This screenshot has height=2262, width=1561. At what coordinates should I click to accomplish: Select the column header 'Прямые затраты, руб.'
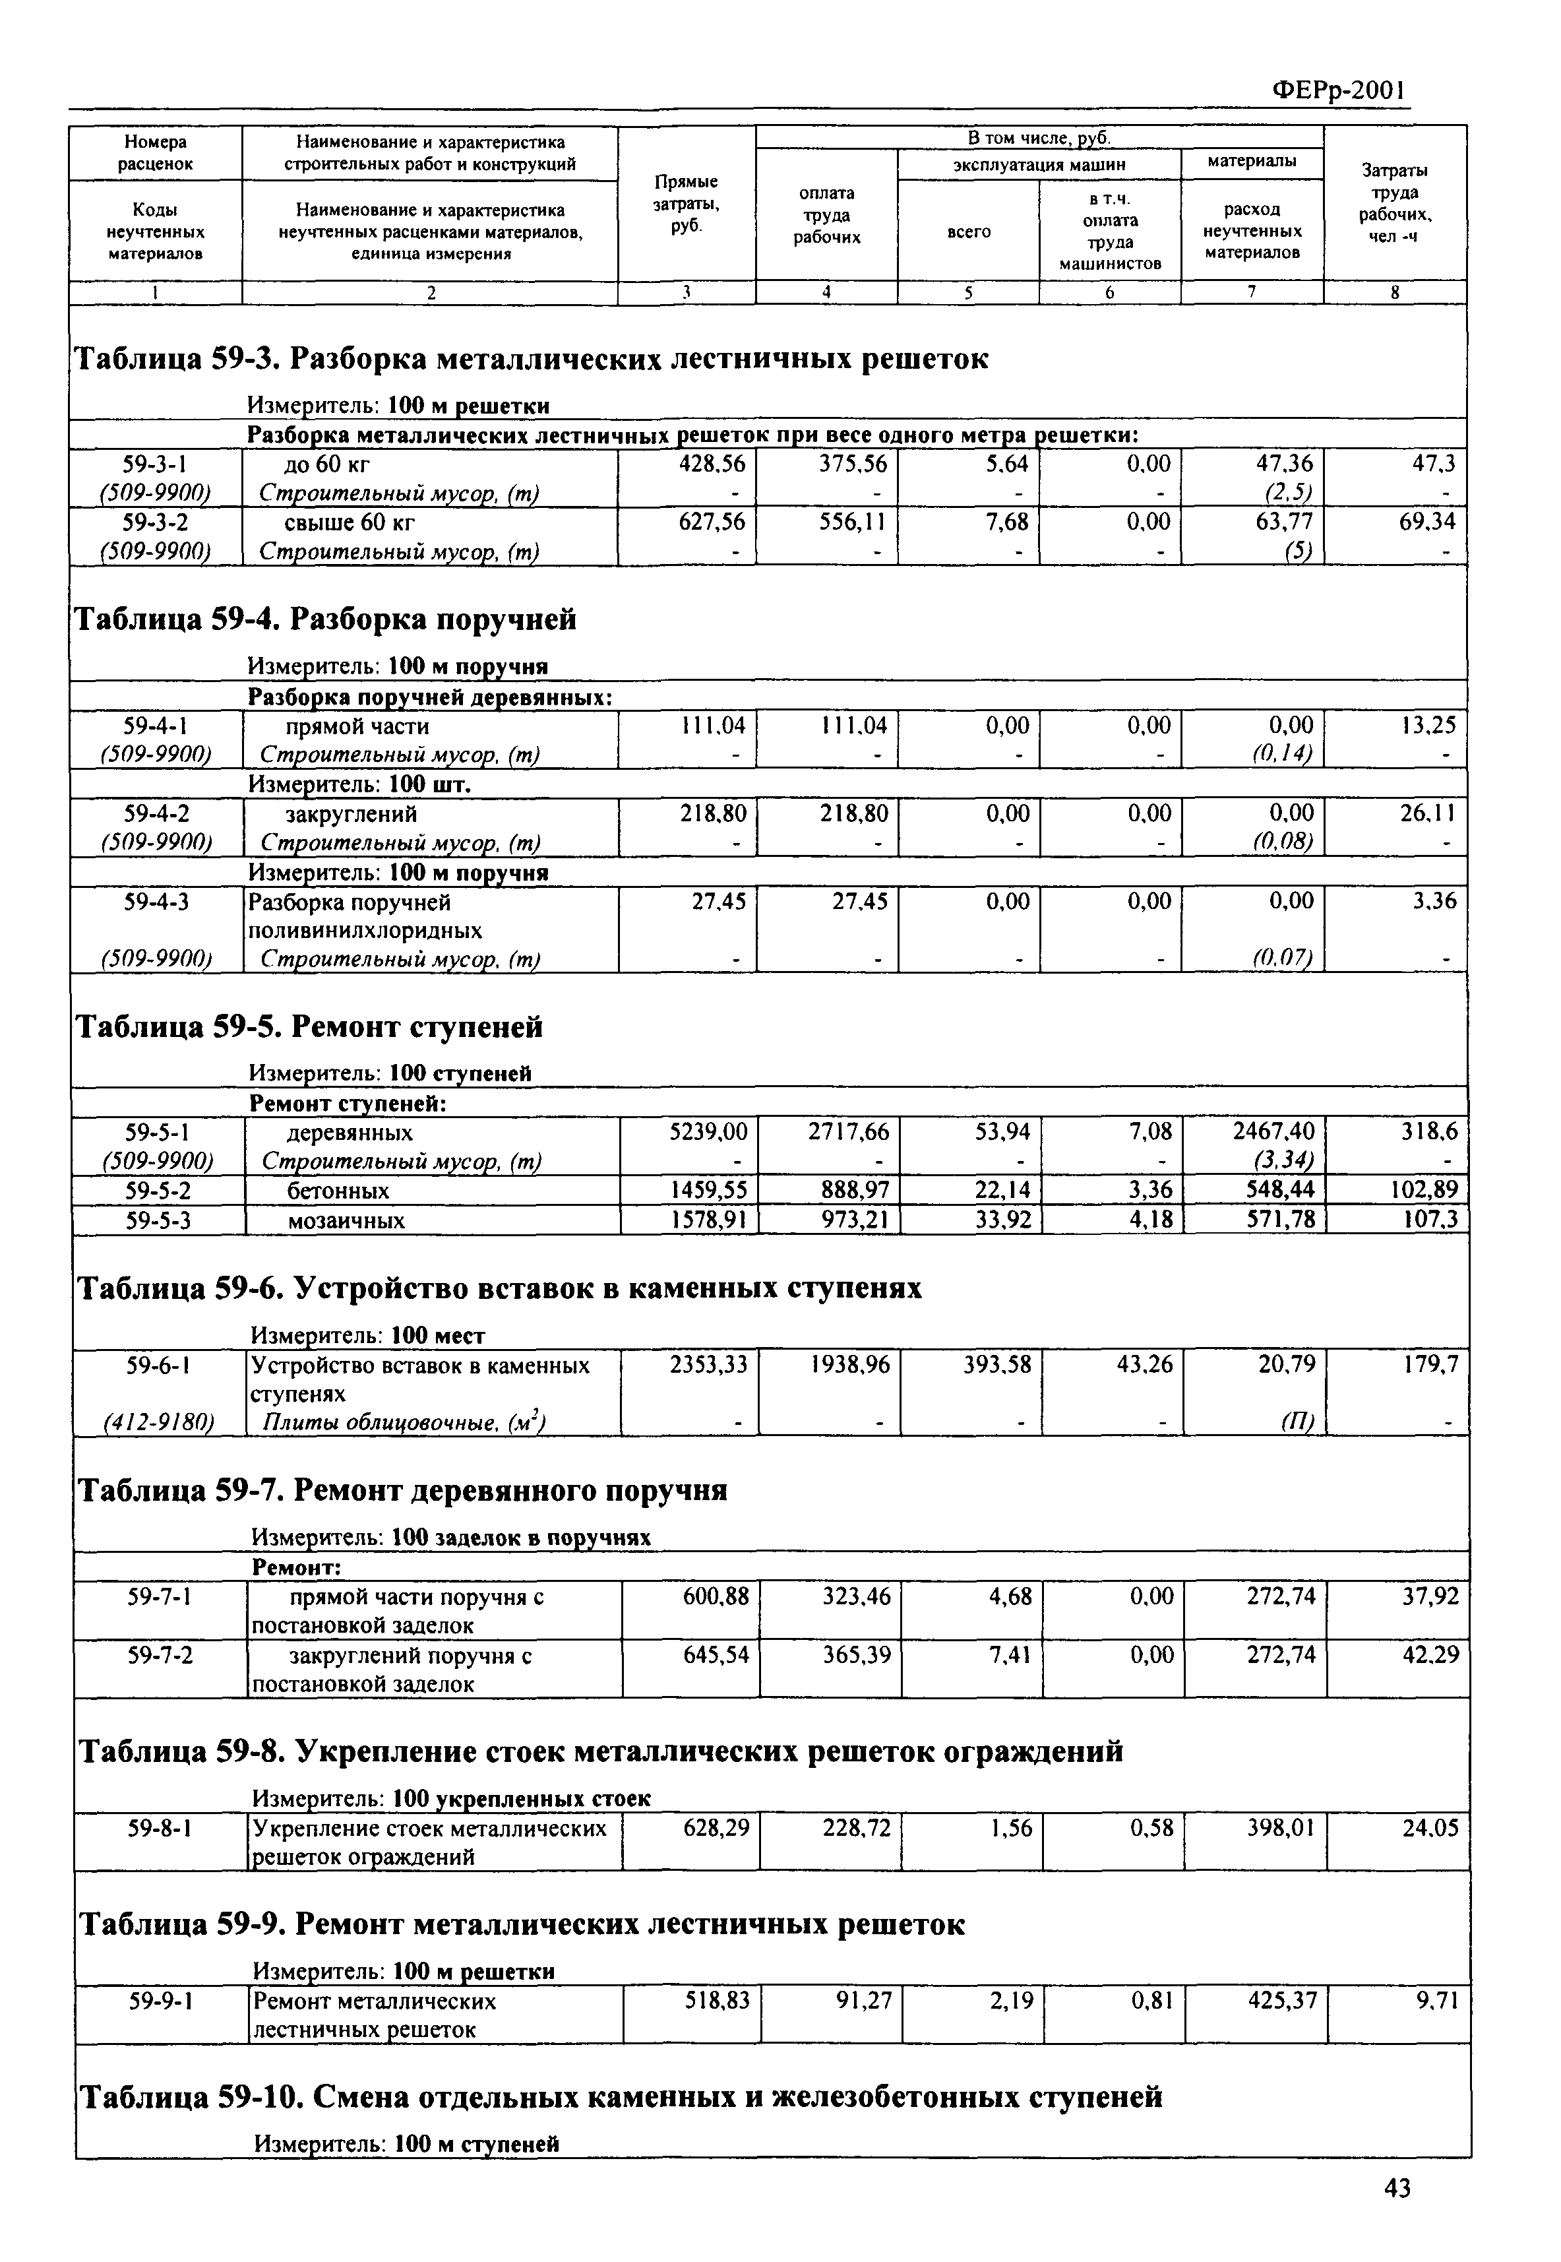point(686,203)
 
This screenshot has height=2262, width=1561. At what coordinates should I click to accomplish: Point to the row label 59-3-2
point(156,522)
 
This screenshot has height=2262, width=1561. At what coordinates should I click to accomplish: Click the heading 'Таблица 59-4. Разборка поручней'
point(326,619)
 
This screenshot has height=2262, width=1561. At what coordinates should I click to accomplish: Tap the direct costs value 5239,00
point(708,1132)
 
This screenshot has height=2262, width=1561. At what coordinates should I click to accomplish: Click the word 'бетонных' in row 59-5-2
point(338,1191)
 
